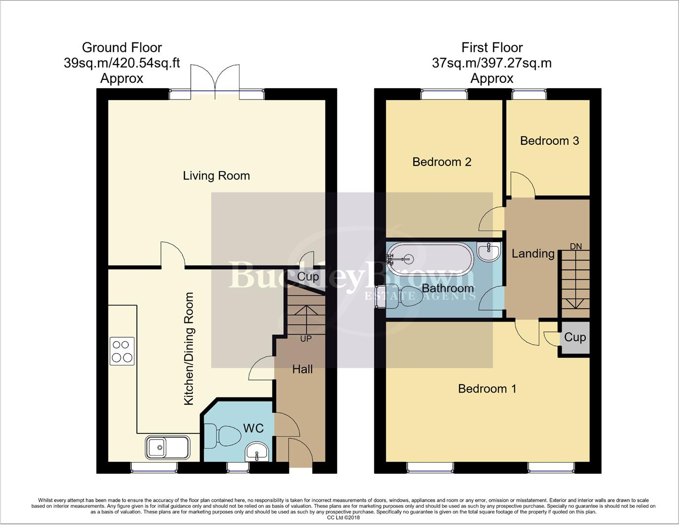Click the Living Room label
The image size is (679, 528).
(216, 176)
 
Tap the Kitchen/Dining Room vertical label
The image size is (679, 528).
(189, 349)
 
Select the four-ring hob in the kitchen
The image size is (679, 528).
(122, 351)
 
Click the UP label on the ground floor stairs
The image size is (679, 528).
(306, 339)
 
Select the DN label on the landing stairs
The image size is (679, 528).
(575, 246)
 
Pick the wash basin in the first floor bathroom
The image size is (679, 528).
(489, 252)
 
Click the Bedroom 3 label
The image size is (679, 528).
(549, 141)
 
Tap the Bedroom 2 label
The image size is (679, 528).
(442, 162)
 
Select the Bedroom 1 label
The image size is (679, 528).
(487, 389)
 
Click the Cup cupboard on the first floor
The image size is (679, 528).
(574, 337)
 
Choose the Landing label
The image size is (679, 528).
(533, 254)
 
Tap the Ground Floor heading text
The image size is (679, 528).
(122, 47)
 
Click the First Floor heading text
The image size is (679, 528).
(492, 47)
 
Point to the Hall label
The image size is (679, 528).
(302, 369)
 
